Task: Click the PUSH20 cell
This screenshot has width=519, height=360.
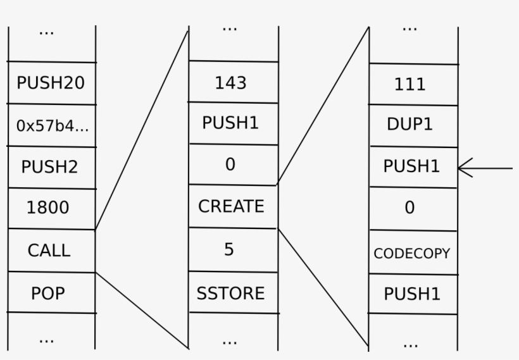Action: click(50, 83)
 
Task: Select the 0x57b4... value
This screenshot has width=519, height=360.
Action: click(52, 125)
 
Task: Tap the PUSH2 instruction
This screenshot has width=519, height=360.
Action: click(50, 167)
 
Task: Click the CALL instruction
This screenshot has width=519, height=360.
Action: click(49, 250)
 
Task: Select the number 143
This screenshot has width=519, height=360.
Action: click(231, 83)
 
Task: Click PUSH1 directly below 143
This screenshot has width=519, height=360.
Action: click(231, 123)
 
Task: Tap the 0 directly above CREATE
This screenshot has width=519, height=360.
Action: click(230, 164)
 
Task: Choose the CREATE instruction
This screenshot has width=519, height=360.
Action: click(231, 206)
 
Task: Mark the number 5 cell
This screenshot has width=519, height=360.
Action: click(229, 249)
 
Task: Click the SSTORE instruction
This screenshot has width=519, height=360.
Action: click(231, 293)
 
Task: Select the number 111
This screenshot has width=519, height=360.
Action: click(410, 85)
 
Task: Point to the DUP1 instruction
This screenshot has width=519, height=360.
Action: click(410, 125)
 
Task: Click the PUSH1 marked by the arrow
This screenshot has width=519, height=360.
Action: click(411, 166)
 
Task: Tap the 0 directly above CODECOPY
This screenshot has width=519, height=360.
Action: click(410, 208)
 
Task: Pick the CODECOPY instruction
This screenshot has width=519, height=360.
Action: click(412, 253)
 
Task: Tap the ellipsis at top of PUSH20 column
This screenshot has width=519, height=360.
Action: click(46, 32)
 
